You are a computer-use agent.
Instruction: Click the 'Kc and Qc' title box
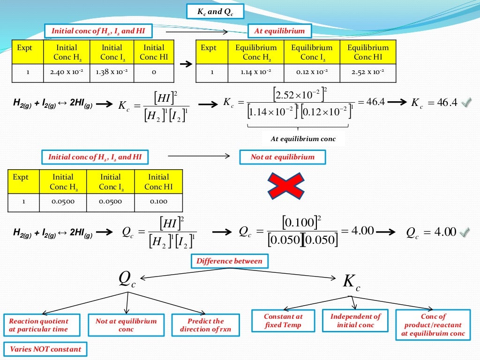tap(215, 11)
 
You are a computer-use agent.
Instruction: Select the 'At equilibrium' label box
tap(279, 31)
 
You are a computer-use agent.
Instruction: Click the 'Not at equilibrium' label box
tap(282, 157)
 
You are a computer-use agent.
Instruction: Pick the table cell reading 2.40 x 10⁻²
tap(66, 73)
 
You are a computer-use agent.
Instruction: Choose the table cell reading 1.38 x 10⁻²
tap(111, 73)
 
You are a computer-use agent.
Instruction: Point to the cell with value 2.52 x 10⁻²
tap(368, 73)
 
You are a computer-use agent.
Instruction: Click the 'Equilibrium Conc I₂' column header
tap(312, 52)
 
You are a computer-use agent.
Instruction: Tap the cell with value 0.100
tap(158, 202)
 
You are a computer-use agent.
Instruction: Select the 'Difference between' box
tap(229, 261)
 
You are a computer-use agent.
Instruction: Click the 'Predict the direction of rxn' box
tap(205, 325)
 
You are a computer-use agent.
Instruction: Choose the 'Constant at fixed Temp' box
tap(283, 321)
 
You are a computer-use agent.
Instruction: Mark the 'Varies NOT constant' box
tap(45, 349)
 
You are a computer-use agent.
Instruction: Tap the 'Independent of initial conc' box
tap(356, 321)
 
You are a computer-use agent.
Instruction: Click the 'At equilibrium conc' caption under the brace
tap(303, 139)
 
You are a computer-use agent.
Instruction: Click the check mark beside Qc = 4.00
tap(465, 232)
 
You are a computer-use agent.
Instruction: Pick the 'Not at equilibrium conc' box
tap(126, 325)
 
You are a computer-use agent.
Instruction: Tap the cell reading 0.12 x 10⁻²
tap(312, 73)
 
